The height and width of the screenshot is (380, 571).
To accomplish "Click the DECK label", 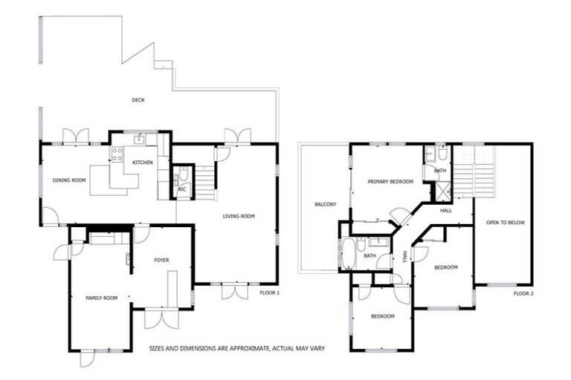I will [138, 100].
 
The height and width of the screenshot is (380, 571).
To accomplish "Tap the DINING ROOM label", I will [70, 180].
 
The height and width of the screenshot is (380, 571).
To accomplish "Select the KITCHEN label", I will [143, 162].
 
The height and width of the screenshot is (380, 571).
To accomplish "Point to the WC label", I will [181, 189].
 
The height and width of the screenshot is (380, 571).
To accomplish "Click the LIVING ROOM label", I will [239, 217].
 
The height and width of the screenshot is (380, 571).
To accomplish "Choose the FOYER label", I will [162, 260].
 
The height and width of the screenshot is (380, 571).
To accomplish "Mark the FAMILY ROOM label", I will [102, 298].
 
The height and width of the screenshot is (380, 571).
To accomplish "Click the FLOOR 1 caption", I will [269, 293].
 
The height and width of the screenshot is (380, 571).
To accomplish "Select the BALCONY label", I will [325, 204].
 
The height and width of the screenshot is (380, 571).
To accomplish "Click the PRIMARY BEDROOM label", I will [390, 182].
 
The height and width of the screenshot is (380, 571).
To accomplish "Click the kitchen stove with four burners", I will [117, 154].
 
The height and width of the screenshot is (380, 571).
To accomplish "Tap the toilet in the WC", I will [183, 177].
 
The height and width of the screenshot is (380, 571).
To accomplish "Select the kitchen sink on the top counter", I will [138, 139].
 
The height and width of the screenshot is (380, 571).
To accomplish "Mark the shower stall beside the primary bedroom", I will [442, 190].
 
